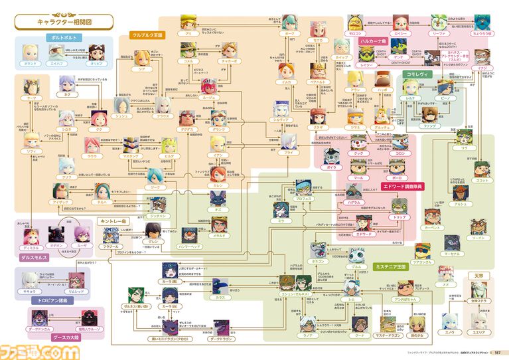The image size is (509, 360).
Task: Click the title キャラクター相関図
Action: tap(65, 23)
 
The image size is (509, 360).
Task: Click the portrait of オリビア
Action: tap(97, 52)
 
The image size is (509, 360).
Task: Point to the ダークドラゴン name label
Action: tap(221, 341)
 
